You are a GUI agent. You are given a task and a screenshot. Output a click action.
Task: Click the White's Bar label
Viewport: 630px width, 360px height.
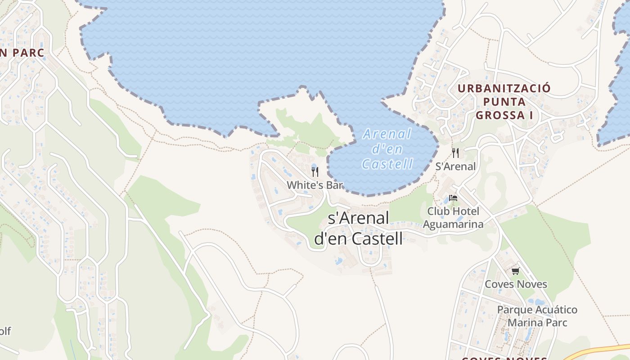pyautogui.click(x=315, y=185)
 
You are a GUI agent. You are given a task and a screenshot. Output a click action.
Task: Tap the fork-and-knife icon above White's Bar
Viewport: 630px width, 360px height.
pyautogui.click(x=315, y=171)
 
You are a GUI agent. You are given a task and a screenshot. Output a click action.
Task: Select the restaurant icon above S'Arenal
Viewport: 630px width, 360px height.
pyautogui.click(x=455, y=153)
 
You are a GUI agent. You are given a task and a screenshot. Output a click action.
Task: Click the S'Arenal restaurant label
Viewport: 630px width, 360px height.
pyautogui.click(x=455, y=166)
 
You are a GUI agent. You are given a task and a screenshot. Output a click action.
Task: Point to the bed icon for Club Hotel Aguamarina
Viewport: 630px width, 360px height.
pyautogui.click(x=453, y=198)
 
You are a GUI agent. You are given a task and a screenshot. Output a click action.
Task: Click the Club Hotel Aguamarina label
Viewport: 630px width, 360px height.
pyautogui.click(x=453, y=217)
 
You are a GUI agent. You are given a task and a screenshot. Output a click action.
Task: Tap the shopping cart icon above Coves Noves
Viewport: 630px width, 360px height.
pyautogui.click(x=515, y=271)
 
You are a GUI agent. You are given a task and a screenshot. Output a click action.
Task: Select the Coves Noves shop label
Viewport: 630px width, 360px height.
pyautogui.click(x=516, y=284)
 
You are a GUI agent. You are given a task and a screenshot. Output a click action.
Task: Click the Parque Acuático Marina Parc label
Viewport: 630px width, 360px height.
pyautogui.click(x=537, y=316)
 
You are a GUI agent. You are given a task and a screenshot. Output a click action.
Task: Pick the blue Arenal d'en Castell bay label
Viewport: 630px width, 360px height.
pyautogui.click(x=387, y=149)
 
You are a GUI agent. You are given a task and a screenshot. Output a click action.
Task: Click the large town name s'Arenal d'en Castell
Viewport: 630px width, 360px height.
pyautogui.click(x=358, y=229)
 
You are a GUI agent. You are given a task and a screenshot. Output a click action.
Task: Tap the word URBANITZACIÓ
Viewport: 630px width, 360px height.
pyautogui.click(x=504, y=88)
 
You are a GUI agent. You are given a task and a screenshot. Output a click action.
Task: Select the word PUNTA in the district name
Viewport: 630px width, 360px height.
pyautogui.click(x=504, y=102)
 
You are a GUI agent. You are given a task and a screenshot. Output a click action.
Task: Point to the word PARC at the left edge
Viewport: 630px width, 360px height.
pyautogui.click(x=28, y=53)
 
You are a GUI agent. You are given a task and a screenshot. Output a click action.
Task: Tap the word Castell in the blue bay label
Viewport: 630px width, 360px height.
pyautogui.click(x=387, y=164)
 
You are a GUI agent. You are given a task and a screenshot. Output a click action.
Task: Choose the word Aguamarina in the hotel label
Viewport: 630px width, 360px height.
pyautogui.click(x=453, y=224)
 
